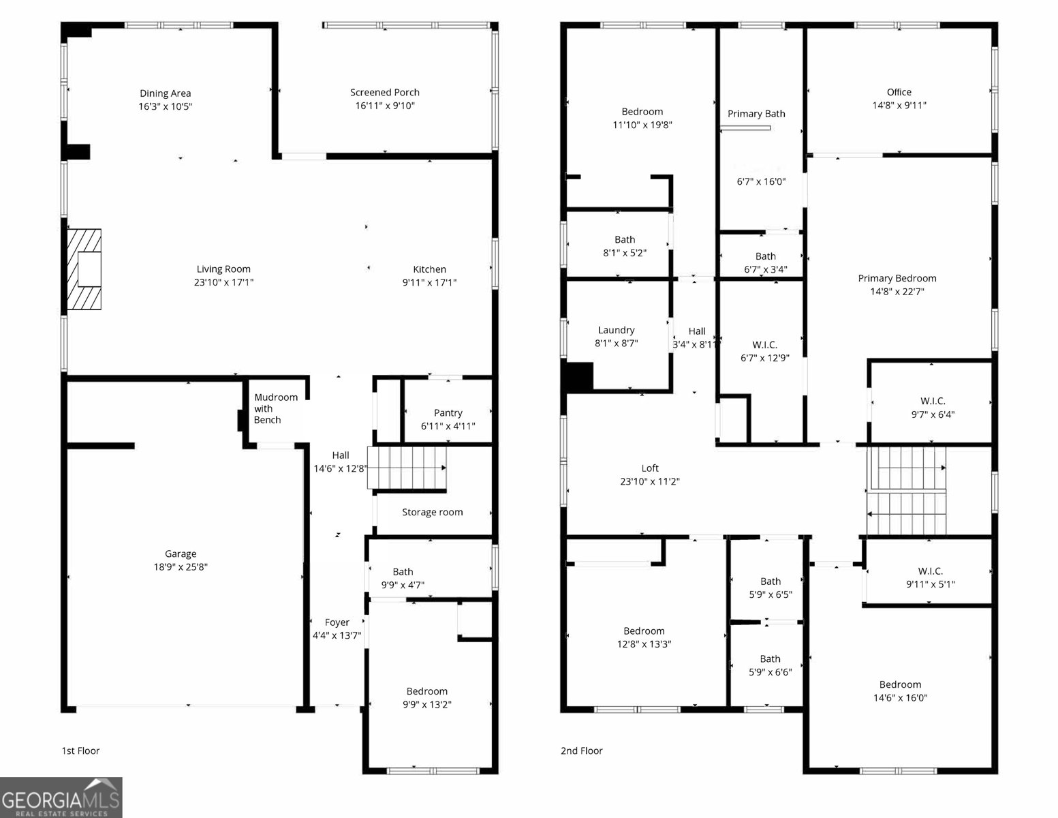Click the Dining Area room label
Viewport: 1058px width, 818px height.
(166, 93)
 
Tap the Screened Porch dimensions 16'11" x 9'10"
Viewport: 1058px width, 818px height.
(385, 106)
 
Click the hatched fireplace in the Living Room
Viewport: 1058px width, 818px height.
(84, 270)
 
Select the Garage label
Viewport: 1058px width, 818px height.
(181, 554)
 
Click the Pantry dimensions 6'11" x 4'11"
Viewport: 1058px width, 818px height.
(448, 426)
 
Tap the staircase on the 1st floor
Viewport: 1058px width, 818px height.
(407, 468)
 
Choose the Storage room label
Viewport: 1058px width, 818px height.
(432, 512)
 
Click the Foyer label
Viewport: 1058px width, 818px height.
(337, 622)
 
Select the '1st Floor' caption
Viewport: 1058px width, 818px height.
(80, 751)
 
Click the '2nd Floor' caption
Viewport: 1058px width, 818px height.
(581, 751)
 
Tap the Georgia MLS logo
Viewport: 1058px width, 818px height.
(61, 798)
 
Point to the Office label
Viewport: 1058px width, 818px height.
(899, 92)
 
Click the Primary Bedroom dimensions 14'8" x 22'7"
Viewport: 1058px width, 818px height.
(897, 291)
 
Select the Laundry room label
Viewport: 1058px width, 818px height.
(616, 330)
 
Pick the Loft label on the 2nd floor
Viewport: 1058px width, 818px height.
(650, 468)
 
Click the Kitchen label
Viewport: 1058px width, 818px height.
(429, 269)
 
